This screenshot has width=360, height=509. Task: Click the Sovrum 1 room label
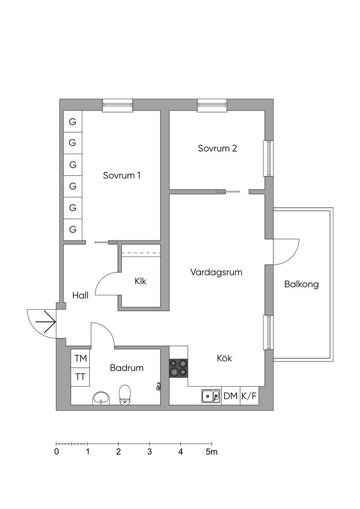(122, 175)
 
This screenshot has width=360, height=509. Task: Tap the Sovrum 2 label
(217, 148)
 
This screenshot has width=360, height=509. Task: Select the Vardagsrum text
(216, 272)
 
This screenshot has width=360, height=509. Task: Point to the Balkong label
(301, 284)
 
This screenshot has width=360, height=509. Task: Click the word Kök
(224, 358)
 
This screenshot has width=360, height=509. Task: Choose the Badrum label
(127, 368)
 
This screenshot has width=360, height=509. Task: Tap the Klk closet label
(141, 281)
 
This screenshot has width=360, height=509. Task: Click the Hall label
(80, 295)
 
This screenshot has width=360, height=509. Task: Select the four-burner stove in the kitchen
(179, 368)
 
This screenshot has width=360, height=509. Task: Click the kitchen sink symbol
(211, 396)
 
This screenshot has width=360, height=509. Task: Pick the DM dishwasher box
(231, 396)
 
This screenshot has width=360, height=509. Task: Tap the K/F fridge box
(249, 396)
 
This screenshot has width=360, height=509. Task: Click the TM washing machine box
(81, 358)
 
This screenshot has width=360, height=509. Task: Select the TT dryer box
(81, 377)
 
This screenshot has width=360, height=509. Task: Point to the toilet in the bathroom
(125, 395)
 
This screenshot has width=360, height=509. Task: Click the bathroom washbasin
(101, 398)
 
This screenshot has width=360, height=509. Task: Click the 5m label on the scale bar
(212, 451)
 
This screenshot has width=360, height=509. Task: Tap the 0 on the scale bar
(57, 451)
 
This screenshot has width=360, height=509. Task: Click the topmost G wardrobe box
(73, 121)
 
